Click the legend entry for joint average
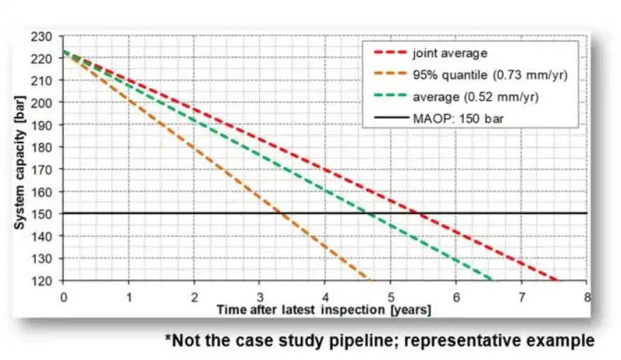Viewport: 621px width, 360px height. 450,52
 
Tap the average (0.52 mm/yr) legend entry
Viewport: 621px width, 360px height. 475,96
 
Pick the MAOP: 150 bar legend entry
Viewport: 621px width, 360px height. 453,117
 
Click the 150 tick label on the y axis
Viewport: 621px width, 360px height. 45,213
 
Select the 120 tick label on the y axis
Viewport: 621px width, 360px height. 45,280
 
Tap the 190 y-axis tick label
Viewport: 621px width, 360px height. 45,125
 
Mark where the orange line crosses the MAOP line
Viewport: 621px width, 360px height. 283,213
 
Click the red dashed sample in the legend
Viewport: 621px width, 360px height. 387,52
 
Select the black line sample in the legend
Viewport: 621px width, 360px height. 387,117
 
